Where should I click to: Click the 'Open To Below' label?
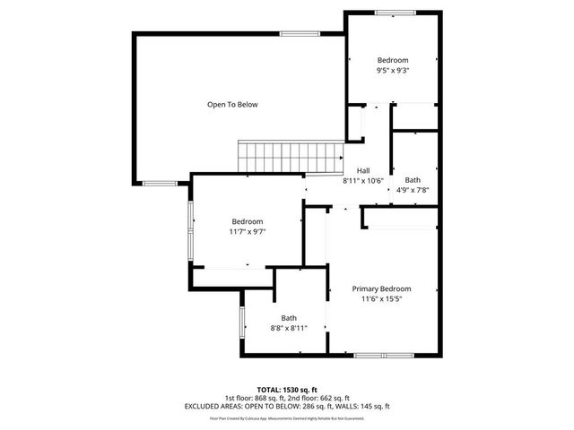click(x=232, y=105)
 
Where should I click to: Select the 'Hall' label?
click(x=363, y=171)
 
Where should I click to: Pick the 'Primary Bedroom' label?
click(x=381, y=288)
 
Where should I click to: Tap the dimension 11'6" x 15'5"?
click(x=381, y=298)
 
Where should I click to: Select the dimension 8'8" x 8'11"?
click(x=289, y=328)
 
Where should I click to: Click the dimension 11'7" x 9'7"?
click(x=248, y=231)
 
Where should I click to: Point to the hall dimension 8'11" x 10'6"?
click(x=363, y=180)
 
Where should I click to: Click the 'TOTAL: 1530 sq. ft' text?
click(x=287, y=390)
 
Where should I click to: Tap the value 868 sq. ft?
click(x=269, y=398)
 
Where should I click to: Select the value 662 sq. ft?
click(x=334, y=398)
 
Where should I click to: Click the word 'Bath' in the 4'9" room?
click(x=412, y=179)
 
